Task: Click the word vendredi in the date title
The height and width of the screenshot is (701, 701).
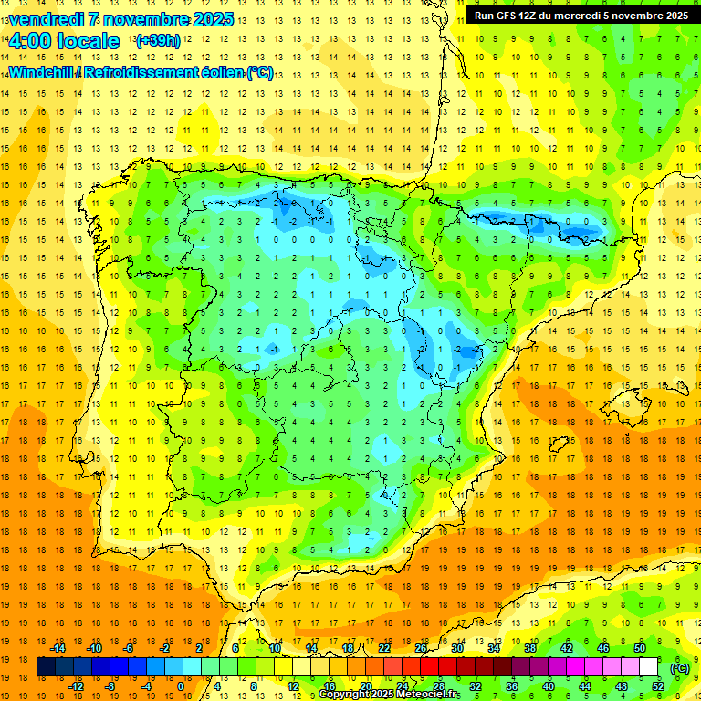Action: click(46, 19)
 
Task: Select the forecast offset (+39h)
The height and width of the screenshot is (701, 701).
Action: click(158, 40)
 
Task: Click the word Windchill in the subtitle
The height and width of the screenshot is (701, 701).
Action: click(41, 73)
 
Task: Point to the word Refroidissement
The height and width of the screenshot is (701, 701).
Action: click(141, 73)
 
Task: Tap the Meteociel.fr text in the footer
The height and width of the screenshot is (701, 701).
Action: click(429, 695)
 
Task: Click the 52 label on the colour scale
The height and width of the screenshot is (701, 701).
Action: click(658, 686)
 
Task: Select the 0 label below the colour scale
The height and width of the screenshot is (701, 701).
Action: click(181, 686)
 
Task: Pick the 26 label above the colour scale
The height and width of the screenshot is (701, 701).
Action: click(421, 647)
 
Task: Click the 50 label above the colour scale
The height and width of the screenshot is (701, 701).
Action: click(640, 647)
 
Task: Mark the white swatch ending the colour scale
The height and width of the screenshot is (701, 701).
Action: click(649, 667)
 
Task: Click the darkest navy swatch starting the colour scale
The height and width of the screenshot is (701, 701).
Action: click(46, 667)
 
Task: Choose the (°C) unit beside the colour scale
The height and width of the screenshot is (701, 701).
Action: click(679, 667)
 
